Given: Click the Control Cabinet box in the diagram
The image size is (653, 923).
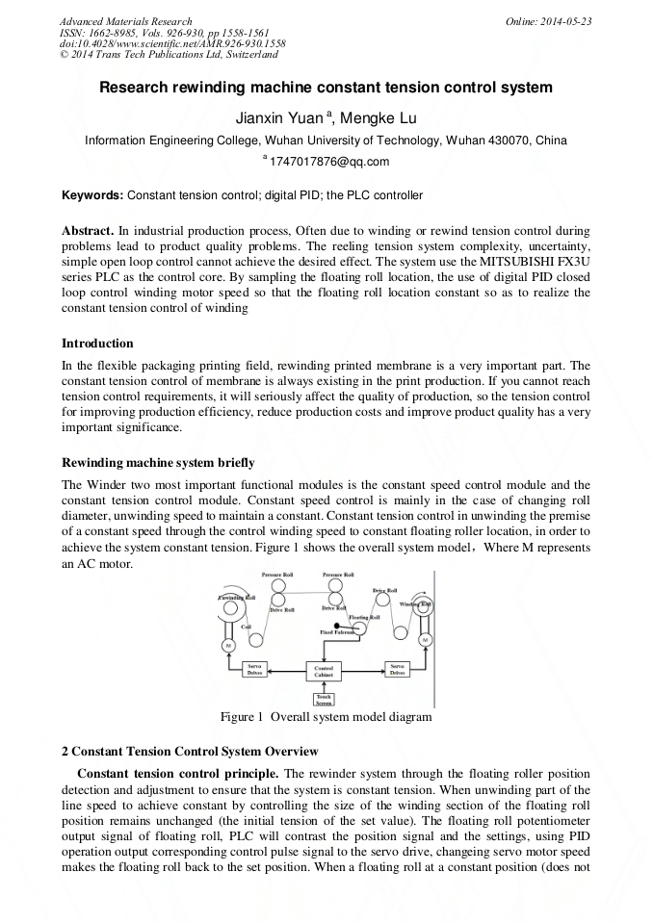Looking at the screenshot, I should click(x=323, y=671).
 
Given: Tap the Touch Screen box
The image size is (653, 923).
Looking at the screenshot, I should click(x=323, y=698).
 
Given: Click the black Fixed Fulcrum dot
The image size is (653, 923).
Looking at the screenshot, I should click(x=336, y=626).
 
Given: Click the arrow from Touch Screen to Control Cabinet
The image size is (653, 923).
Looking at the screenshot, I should click(x=323, y=685).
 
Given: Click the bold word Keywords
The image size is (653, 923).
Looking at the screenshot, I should click(x=92, y=195).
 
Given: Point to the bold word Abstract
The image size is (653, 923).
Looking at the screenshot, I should click(x=88, y=232).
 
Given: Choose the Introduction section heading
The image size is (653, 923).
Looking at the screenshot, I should click(x=97, y=344).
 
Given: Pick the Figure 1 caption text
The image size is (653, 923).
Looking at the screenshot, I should click(x=326, y=717).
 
